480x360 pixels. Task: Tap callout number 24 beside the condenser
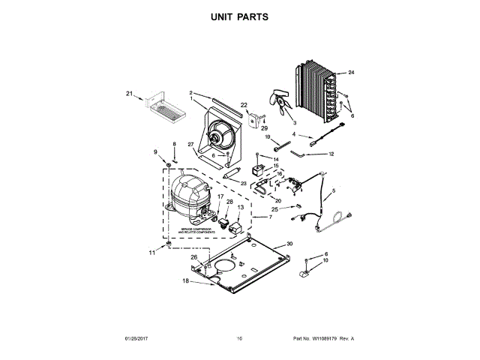click(x=351, y=73)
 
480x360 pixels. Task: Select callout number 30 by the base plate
click(x=290, y=244)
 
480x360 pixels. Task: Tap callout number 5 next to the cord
click(x=334, y=192)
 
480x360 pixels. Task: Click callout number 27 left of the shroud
click(x=190, y=145)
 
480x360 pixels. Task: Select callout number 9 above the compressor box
click(x=157, y=152)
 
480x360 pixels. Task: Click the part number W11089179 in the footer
click(x=319, y=339)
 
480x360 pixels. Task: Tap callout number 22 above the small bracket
click(x=244, y=104)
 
